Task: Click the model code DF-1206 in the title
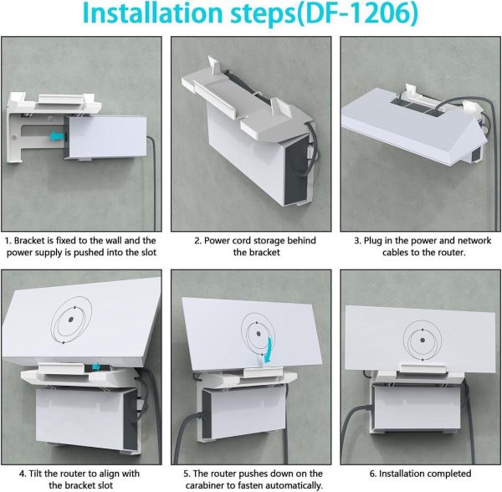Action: click(x=358, y=13)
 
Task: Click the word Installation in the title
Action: click(x=152, y=13)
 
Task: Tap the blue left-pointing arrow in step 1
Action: click(x=57, y=136)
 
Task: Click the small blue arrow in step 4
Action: click(x=96, y=367)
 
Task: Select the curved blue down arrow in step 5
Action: click(x=269, y=351)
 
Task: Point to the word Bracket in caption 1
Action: click(x=29, y=240)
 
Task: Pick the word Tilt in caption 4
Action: click(x=34, y=474)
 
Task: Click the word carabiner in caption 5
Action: click(x=205, y=485)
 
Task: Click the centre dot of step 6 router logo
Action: click(x=423, y=341)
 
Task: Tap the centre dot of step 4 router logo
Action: click(x=71, y=320)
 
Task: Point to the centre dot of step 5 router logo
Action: click(x=258, y=334)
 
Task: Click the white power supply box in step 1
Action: click(x=105, y=138)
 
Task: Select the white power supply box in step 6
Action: click(x=415, y=407)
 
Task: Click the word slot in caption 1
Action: click(x=148, y=253)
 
